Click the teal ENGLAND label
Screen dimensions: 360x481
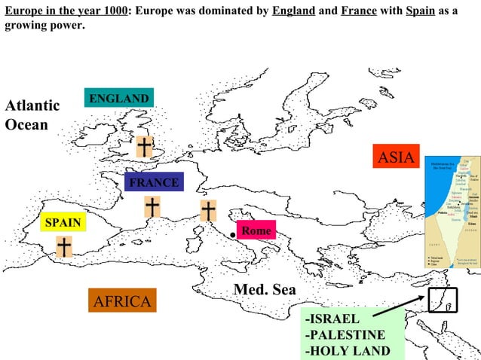point(119,99)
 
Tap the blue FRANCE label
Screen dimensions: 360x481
point(153,182)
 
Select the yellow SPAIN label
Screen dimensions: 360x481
point(63,223)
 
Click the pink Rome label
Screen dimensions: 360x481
point(256,230)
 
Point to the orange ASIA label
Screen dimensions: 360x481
point(396,157)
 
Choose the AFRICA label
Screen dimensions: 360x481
point(122,301)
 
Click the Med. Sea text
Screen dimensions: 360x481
point(265,290)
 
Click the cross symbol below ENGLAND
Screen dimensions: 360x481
point(143,147)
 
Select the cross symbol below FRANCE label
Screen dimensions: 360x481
point(152,206)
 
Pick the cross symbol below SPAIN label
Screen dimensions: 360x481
point(65,246)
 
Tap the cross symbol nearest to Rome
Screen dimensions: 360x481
point(207,210)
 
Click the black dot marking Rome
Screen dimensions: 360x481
point(234,235)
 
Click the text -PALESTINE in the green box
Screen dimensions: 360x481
point(345,335)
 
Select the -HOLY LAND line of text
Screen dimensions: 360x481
point(347,351)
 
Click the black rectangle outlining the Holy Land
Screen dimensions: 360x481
point(442,300)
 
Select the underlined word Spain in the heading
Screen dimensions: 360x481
point(420,12)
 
